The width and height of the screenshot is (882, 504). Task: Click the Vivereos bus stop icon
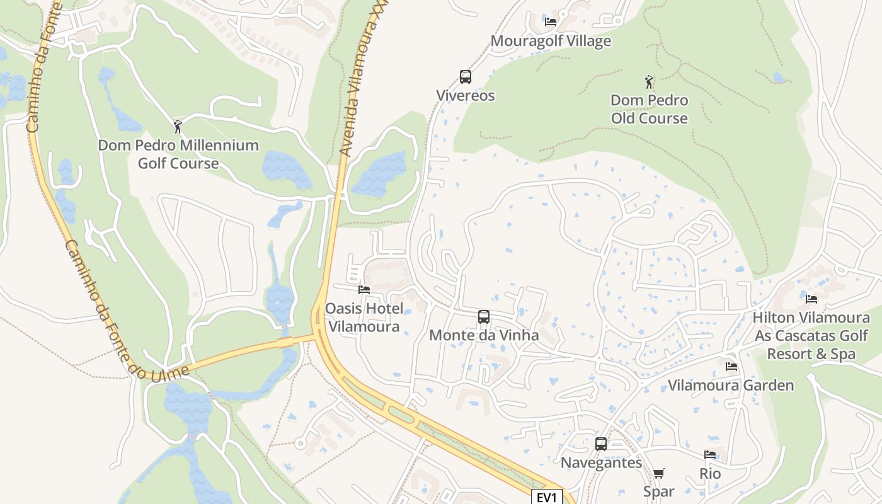(466, 77)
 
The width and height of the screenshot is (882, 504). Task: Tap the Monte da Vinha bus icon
(484, 317)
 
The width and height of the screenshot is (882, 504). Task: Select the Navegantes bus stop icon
(601, 444)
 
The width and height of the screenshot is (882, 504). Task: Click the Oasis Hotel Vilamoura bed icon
(364, 290)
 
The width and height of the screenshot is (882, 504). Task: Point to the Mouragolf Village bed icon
(551, 22)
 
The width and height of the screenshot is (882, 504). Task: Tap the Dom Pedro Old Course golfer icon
(649, 82)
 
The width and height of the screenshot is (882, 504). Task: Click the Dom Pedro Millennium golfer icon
(178, 127)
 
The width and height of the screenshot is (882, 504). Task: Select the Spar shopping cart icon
(659, 473)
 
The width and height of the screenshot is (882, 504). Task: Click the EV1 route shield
(547, 497)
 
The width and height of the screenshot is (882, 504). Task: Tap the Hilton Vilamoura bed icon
(811, 299)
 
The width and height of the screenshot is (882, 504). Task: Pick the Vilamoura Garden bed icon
(731, 366)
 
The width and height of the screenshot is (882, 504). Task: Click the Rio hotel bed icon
(710, 455)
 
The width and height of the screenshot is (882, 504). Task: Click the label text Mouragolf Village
(551, 41)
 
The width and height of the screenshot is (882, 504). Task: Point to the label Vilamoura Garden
(731, 385)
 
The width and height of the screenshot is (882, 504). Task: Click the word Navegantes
(601, 462)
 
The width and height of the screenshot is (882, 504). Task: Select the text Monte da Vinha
(484, 335)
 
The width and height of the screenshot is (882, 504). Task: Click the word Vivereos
(466, 96)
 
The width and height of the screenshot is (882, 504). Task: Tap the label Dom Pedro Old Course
(649, 109)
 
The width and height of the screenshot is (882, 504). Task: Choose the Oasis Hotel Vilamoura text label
(364, 318)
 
